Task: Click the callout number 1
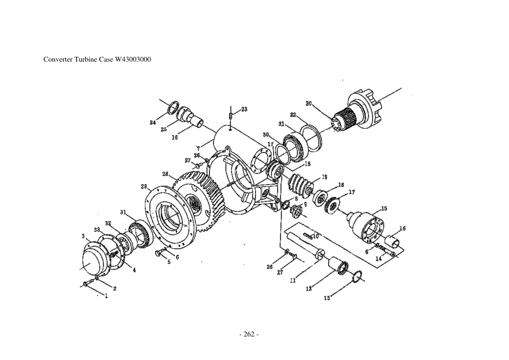107,295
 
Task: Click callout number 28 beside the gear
165,173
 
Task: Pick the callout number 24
153,123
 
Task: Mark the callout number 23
244,109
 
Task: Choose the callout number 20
308,104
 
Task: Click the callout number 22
293,115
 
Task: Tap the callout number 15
384,208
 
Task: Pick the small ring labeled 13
357,276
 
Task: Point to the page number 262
249,334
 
